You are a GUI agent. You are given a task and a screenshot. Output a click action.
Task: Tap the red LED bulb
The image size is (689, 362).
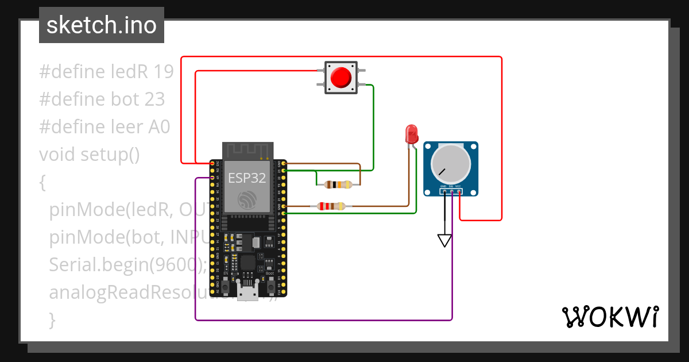(x=412, y=134)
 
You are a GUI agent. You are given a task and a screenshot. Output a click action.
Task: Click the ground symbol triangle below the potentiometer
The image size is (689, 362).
(x=444, y=240)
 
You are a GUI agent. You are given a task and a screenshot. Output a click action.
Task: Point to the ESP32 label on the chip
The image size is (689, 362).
(x=247, y=178)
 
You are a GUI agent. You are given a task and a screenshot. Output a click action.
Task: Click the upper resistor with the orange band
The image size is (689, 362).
(x=338, y=184)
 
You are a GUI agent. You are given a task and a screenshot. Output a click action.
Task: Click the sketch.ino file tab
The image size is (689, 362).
(x=102, y=25)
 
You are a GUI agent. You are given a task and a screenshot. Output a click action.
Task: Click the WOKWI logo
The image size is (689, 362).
(x=609, y=317)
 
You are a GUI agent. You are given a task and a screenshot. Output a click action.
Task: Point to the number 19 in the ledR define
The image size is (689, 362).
(x=164, y=72)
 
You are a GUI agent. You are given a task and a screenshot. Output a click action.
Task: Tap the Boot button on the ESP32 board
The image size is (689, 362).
(x=269, y=284)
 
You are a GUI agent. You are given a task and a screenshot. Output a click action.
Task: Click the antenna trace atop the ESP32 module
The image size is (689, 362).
(x=247, y=151)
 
